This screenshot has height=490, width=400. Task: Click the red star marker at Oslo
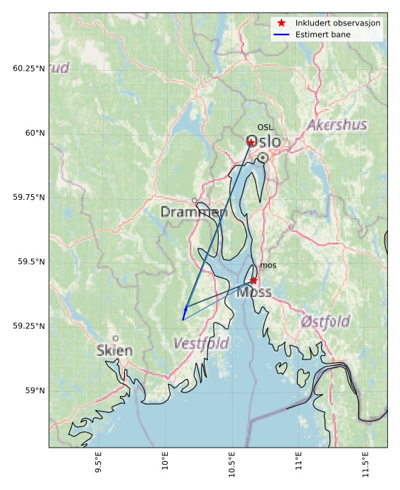(x=250, y=143)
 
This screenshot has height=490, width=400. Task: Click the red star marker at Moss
(x=254, y=280)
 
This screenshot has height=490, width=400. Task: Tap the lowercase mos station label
(x=267, y=265)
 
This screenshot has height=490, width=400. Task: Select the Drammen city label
(x=193, y=212)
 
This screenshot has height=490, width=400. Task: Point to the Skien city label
(x=114, y=350)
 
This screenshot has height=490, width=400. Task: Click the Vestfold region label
(x=201, y=344)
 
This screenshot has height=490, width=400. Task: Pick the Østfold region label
(x=325, y=322)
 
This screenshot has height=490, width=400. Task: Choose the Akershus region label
(x=337, y=125)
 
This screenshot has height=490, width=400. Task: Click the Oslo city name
(x=263, y=142)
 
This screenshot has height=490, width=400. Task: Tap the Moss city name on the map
(x=254, y=292)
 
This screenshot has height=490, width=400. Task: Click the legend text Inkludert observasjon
(x=338, y=23)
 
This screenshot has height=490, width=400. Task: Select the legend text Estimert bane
(x=323, y=34)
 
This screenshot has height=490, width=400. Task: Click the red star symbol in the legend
(x=281, y=23)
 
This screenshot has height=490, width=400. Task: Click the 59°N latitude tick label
(x=33, y=390)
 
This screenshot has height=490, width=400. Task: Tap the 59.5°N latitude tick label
(x=31, y=262)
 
